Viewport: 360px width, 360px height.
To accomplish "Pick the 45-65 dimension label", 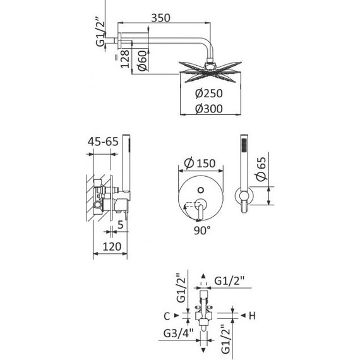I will tap(104, 141).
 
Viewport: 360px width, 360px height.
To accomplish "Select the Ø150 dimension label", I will tap(201, 164).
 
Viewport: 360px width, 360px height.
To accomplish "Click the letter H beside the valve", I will tap(251, 315).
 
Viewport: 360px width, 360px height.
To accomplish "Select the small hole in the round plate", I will tap(201, 189).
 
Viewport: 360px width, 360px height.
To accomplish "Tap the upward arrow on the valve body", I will tap(202, 277).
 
